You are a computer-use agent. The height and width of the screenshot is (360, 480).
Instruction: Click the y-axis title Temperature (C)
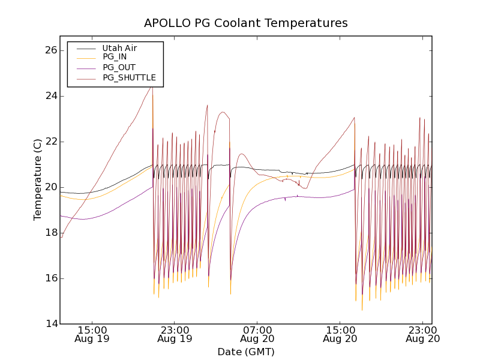[38, 179]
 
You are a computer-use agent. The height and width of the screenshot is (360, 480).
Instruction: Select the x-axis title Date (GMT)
[245, 352]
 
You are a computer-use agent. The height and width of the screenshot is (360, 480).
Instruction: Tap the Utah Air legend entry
[119, 48]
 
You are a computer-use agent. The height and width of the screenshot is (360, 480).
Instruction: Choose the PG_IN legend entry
[115, 57]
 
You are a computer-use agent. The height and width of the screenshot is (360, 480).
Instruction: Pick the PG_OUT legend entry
[119, 67]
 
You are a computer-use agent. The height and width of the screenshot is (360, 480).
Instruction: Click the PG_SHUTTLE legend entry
[129, 77]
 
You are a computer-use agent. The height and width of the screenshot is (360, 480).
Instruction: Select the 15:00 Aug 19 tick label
[92, 334]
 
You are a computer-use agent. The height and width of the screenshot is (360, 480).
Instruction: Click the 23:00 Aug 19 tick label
[175, 334]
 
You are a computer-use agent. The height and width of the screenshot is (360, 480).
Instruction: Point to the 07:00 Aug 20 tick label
[257, 334]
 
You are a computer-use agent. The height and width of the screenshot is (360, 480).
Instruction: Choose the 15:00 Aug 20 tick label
[340, 334]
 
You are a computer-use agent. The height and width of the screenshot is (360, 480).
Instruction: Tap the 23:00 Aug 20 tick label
[423, 334]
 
